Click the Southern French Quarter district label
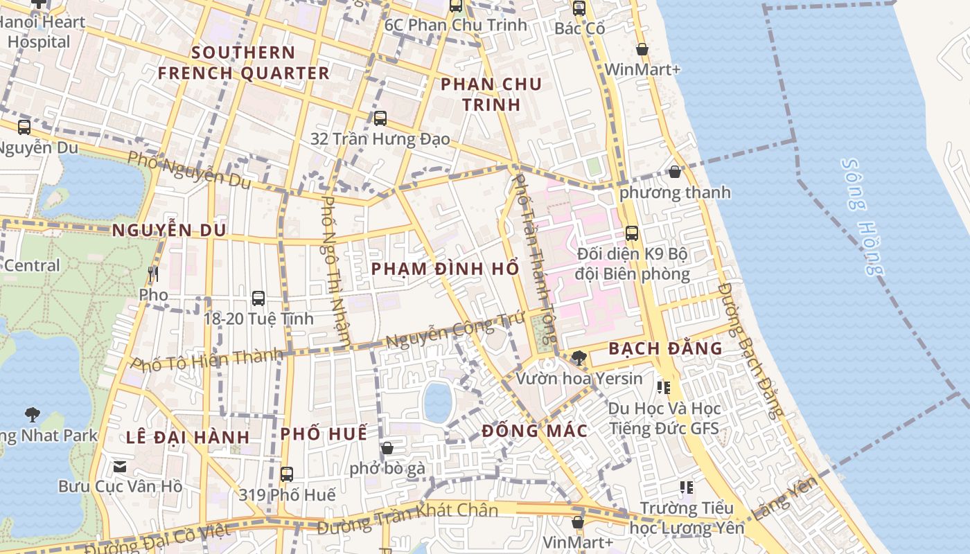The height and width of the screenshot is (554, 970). click(243, 62)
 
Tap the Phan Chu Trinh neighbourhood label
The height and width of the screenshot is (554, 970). click(491, 94)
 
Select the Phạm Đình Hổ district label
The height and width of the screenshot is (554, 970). click(445, 269)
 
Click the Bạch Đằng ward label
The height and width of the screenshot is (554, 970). click(665, 348)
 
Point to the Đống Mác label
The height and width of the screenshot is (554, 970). click(535, 431)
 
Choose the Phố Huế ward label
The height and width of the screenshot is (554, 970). click(324, 434)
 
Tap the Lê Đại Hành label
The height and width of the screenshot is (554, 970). click(188, 437)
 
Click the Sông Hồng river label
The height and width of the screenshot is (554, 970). click(863, 216)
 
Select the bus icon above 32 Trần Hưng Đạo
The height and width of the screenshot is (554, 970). click(380, 118)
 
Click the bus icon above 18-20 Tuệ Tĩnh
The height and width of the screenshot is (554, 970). click(258, 298)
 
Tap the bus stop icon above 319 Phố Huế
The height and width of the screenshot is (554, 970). click(287, 474)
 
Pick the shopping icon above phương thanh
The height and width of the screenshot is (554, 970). click(675, 172)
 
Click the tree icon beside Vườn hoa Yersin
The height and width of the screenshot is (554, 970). click(579, 358)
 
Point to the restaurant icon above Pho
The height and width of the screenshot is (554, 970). click(153, 274)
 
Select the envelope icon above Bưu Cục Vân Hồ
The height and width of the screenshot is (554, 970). click(120, 466)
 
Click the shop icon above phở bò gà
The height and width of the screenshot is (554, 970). click(387, 448)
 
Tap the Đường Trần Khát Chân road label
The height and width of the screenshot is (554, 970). click(407, 519)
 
